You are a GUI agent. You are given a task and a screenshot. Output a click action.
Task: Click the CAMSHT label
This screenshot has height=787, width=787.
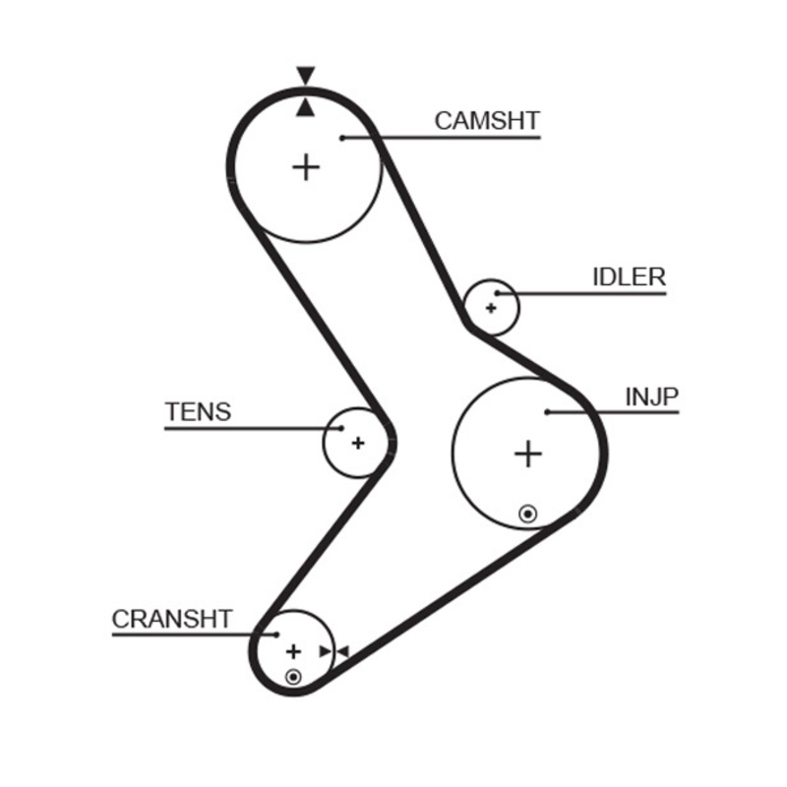pos(487,121)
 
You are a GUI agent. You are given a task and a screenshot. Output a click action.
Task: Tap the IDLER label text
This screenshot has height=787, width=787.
pos(629,277)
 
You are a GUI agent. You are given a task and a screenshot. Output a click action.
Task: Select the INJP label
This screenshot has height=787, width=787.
pos(652,397)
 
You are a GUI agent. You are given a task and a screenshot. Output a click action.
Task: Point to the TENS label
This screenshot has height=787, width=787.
pos(198,412)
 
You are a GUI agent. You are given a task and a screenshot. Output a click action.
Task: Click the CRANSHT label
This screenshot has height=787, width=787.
pos(172,620)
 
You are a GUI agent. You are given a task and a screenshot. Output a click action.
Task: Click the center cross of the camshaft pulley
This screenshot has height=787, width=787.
pos(307,167)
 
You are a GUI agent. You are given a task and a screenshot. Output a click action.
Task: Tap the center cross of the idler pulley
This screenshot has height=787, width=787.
pos(490,308)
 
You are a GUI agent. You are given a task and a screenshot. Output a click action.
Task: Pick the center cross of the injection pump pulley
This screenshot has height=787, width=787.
pos(528,454)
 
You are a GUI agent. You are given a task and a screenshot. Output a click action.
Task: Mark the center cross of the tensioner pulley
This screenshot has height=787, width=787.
pos(357,443)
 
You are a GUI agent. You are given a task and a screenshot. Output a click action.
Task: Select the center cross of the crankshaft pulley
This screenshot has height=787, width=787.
pos(292,651)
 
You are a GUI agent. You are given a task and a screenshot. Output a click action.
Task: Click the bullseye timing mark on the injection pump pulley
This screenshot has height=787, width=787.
pos(528,513)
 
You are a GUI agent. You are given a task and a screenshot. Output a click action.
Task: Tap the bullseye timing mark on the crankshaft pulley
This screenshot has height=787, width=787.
pos(292,676)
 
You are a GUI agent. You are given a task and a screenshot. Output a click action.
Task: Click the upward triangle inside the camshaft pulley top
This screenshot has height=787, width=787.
pos(306,107)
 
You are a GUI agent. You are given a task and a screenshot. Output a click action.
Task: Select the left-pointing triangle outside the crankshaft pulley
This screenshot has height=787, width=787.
pos(342,651)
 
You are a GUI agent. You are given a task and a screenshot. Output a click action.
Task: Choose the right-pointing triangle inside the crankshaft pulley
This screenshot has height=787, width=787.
pos(326,651)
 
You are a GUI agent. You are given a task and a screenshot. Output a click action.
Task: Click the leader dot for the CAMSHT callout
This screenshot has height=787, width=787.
pos(341,138)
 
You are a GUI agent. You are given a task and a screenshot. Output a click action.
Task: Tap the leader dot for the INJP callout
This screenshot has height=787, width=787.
pos(547,412)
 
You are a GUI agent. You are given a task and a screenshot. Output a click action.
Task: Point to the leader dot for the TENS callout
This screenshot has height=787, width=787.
pos(339,428)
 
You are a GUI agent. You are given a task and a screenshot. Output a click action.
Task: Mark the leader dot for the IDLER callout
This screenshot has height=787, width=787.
pos(498,293)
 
